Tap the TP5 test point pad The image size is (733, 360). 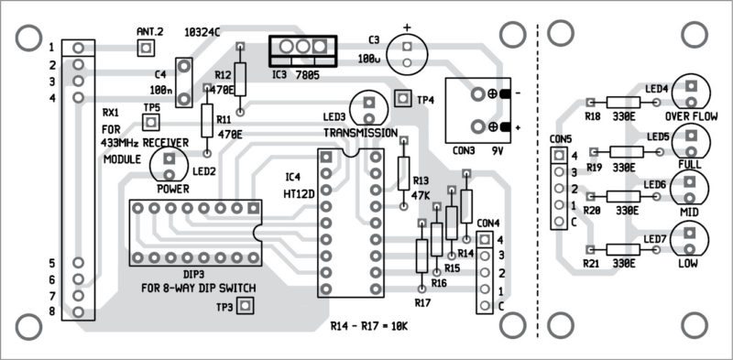click(x=152, y=122)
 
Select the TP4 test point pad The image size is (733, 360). click(x=401, y=98)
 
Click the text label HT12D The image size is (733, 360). click(x=301, y=194)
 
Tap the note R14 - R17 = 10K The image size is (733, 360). click(x=371, y=326)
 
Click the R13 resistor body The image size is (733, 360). click(x=403, y=172)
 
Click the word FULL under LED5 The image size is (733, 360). click(x=691, y=163)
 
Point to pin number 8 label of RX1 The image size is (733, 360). click(x=52, y=312)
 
